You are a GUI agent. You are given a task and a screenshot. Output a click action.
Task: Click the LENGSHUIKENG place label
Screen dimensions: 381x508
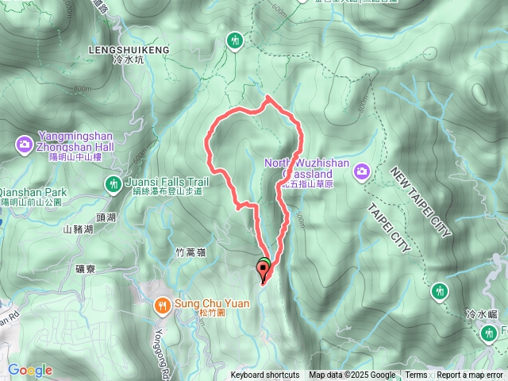point(131,49)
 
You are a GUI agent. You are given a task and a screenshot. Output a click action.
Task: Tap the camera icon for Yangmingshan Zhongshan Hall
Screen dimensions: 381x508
point(24,144)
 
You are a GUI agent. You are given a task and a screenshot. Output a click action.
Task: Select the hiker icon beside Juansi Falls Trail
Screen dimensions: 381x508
point(114,184)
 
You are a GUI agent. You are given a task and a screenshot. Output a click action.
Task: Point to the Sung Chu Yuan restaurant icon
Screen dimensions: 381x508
point(162,305)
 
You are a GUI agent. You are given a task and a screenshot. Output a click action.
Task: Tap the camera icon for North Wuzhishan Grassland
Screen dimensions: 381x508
point(362,171)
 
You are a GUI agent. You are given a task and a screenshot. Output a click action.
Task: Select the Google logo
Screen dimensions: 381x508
point(29,370)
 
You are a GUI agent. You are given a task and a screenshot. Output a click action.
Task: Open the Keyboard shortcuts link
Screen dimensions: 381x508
point(265,375)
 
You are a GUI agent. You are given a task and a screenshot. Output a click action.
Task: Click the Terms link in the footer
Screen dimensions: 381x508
point(416,375)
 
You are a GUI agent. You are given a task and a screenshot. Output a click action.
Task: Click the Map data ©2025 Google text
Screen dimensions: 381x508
point(352,375)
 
